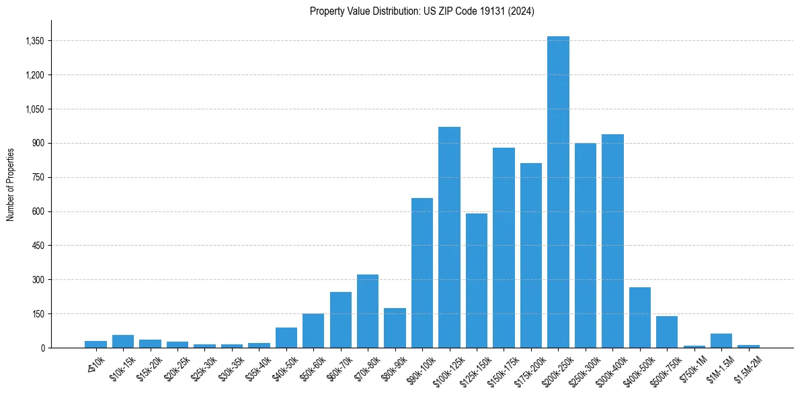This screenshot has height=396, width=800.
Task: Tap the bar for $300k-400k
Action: pos(612,241)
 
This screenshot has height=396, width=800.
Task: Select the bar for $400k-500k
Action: pos(640,317)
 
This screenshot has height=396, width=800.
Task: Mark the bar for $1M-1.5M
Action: pos(721,340)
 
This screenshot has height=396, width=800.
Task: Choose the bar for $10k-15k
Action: pos(123,341)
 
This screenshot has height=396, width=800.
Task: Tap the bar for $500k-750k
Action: pos(667,332)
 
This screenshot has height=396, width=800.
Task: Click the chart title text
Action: pos(422,11)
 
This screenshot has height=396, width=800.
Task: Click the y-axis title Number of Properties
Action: pos(11,184)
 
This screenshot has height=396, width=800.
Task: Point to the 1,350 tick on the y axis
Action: pos(34,41)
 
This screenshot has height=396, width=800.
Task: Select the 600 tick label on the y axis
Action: pos(38,211)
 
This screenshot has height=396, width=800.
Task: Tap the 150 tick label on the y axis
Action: pos(38,313)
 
